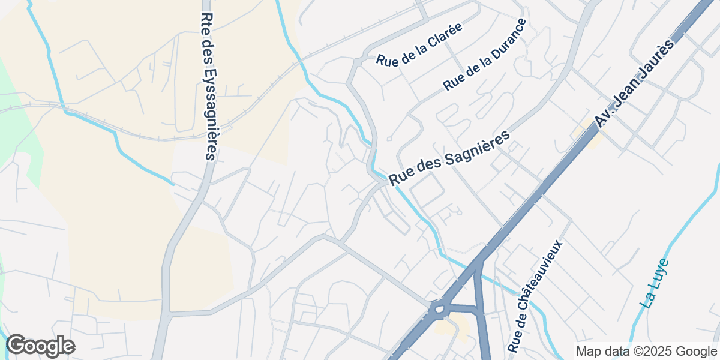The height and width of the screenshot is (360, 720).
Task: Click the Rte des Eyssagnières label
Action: tap(208, 86)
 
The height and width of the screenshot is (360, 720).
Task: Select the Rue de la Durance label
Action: tap(485, 55)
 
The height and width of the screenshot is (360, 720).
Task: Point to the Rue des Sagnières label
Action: tap(449, 158)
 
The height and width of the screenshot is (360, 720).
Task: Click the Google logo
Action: tap(40, 346)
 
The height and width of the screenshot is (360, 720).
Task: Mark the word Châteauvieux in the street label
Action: tap(542, 282)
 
